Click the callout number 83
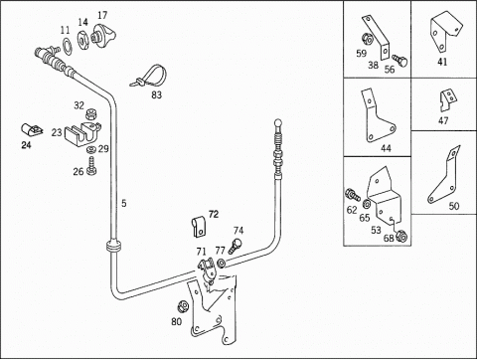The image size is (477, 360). tap(156, 95)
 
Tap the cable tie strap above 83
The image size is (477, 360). tap(148, 77)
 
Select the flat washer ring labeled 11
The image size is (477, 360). tap(67, 46)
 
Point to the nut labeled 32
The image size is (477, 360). tap(90, 114)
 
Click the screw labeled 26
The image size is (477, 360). tap(91, 166)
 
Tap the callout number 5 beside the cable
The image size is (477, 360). tap(124, 203)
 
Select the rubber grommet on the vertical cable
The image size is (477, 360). tap(112, 247)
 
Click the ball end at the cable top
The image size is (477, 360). tap(278, 123)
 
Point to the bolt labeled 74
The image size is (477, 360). tap(235, 246)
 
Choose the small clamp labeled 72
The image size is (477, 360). tap(199, 227)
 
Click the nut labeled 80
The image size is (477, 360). tap(183, 306)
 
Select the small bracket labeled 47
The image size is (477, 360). tap(447, 100)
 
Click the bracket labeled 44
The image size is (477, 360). tap(377, 116)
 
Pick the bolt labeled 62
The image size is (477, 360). tap(353, 194)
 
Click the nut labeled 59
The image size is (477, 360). tap(367, 39)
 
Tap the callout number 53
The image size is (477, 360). tap(376, 230)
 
